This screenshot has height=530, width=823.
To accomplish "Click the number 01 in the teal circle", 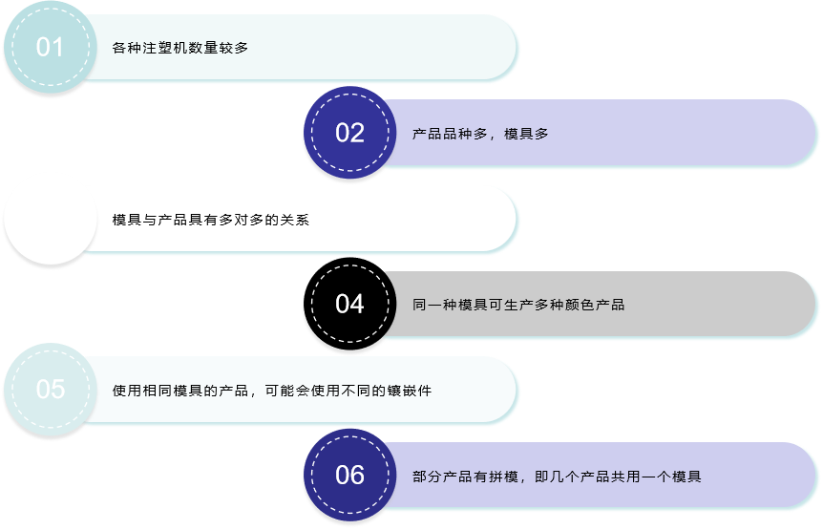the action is tap(50, 47).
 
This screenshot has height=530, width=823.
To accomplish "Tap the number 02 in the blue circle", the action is tap(349, 133).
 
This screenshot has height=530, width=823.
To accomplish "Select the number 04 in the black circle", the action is tap(349, 304).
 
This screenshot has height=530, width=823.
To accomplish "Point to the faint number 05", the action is tap(51, 390).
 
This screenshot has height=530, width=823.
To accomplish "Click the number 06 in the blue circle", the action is tap(349, 475).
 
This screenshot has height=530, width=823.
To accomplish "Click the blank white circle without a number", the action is tap(51, 219).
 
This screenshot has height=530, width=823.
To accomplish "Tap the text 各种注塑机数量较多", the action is tap(180, 48).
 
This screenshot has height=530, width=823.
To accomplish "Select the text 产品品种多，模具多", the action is tap(480, 134).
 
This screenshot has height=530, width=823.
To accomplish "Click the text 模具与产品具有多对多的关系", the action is tap(210, 220).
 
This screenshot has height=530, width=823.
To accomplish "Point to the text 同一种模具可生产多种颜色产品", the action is tap(518, 305).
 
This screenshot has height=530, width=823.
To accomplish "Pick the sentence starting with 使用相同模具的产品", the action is tap(272, 391).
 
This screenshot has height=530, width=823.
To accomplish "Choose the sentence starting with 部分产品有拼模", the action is tap(557, 477).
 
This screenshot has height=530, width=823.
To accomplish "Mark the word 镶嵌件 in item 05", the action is tap(410, 391).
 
